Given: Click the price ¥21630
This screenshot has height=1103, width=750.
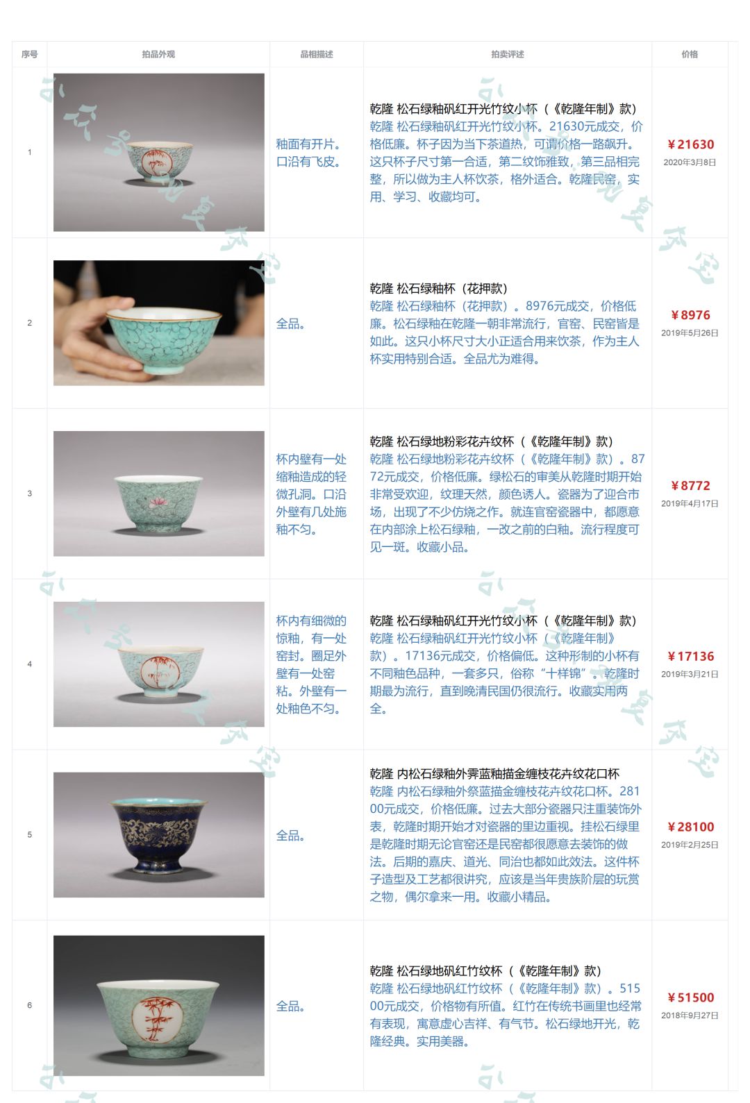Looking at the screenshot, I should coord(690,144).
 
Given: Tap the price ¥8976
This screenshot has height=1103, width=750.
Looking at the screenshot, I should coord(690,315).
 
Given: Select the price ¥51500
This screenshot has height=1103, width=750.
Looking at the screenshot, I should coord(690,997).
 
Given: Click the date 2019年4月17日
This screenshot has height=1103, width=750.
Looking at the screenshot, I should coord(690,503).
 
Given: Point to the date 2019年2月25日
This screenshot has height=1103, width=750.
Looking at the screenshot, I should coord(690,845).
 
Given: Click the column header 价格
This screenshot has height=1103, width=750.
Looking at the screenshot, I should coord(690,54).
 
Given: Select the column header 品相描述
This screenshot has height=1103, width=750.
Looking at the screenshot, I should coord(317,54).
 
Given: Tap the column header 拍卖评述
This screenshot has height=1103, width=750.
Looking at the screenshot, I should coord(508,54).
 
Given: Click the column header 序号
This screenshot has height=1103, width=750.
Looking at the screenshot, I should coord(29,54).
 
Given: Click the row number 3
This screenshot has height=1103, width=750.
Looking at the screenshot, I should coord(29,494).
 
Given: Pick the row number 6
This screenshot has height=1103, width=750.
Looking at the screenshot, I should coord(29,1005).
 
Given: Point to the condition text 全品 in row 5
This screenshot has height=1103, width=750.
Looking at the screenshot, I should coord(290,835).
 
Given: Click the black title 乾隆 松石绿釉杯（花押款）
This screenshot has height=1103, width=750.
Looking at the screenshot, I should coord(439,288).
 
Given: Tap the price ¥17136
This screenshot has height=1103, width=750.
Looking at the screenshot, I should coord(690,656).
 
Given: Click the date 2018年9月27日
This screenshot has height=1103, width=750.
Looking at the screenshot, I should coord(690,1015).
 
